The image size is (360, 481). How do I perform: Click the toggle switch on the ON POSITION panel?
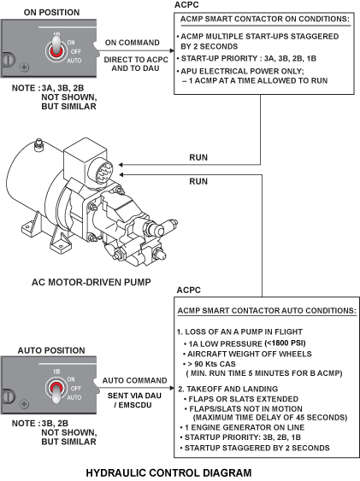(56, 49)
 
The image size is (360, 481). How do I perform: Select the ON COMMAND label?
(133, 43)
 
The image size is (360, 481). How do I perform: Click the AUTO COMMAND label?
(134, 381)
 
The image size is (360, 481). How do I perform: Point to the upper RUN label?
(198, 157)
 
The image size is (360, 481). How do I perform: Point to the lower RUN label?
(198, 181)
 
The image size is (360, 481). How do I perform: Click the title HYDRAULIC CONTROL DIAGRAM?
(168, 472)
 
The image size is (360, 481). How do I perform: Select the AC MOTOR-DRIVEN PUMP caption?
(91, 282)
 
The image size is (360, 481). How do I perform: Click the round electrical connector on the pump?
(101, 171)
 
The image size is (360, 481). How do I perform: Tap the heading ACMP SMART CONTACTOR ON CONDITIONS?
(265, 19)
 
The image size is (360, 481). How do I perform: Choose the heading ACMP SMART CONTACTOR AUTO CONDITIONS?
(267, 310)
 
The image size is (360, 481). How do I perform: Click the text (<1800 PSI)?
(285, 343)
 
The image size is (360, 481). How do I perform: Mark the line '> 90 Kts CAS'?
(211, 364)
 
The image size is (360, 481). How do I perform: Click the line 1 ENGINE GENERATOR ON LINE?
(245, 427)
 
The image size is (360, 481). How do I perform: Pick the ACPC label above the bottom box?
(188, 290)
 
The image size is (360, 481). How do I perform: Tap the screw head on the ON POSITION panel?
(25, 67)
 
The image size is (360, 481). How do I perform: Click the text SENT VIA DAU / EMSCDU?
(134, 401)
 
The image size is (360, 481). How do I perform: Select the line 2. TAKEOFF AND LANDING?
(228, 389)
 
